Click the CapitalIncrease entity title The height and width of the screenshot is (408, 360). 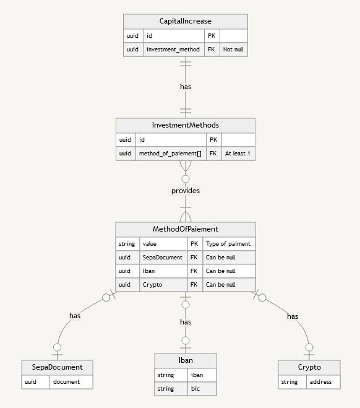185,22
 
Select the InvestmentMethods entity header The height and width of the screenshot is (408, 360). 186,125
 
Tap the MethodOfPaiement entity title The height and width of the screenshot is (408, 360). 186,229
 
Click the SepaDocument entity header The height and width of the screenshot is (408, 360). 57,367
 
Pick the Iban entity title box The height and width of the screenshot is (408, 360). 186,360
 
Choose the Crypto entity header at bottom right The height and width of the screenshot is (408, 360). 309,367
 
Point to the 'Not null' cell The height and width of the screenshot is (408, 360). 233,50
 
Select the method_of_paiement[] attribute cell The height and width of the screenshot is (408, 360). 170,153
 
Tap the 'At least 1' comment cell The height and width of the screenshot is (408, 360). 238,153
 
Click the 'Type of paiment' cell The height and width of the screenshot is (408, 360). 228,244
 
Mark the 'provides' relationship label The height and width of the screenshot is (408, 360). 186,191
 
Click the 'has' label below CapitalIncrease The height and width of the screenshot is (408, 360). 186,87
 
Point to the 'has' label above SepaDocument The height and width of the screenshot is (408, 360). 75,316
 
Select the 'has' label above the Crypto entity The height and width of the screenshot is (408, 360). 293,316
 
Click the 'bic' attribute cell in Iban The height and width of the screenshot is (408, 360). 202,389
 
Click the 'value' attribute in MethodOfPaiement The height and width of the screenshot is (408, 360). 163,244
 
